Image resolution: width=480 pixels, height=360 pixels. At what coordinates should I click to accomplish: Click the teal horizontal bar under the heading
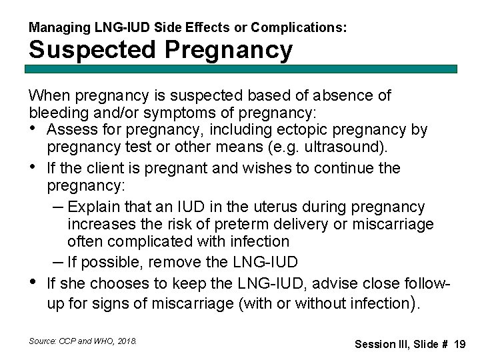coord(242,69)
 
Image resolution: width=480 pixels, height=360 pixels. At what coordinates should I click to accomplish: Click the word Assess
coord(70,129)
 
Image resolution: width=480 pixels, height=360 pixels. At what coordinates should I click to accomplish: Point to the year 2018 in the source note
coord(127,341)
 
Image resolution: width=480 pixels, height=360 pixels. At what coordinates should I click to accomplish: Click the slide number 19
coord(459,344)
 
